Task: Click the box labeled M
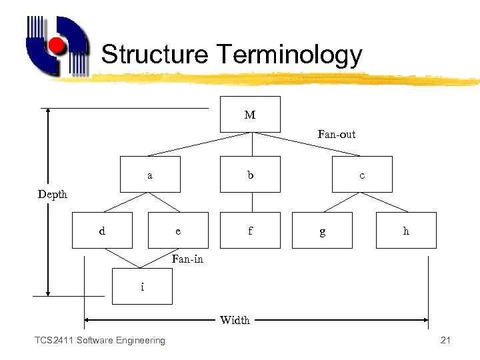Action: point(250,114)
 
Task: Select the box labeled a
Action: point(150,175)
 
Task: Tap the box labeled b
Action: point(250,175)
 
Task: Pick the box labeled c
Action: point(362,175)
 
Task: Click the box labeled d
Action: point(102,231)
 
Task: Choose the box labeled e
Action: point(177,231)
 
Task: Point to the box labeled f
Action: point(250,231)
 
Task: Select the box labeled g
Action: point(323,231)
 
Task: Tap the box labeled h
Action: point(406,231)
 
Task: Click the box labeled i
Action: point(142,287)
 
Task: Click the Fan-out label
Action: point(337,134)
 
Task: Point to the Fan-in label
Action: point(187,259)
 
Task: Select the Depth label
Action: point(53,194)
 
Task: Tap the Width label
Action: point(235,320)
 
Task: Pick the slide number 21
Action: point(446,341)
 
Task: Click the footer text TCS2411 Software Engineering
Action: point(100,341)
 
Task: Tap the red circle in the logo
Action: point(57,46)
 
